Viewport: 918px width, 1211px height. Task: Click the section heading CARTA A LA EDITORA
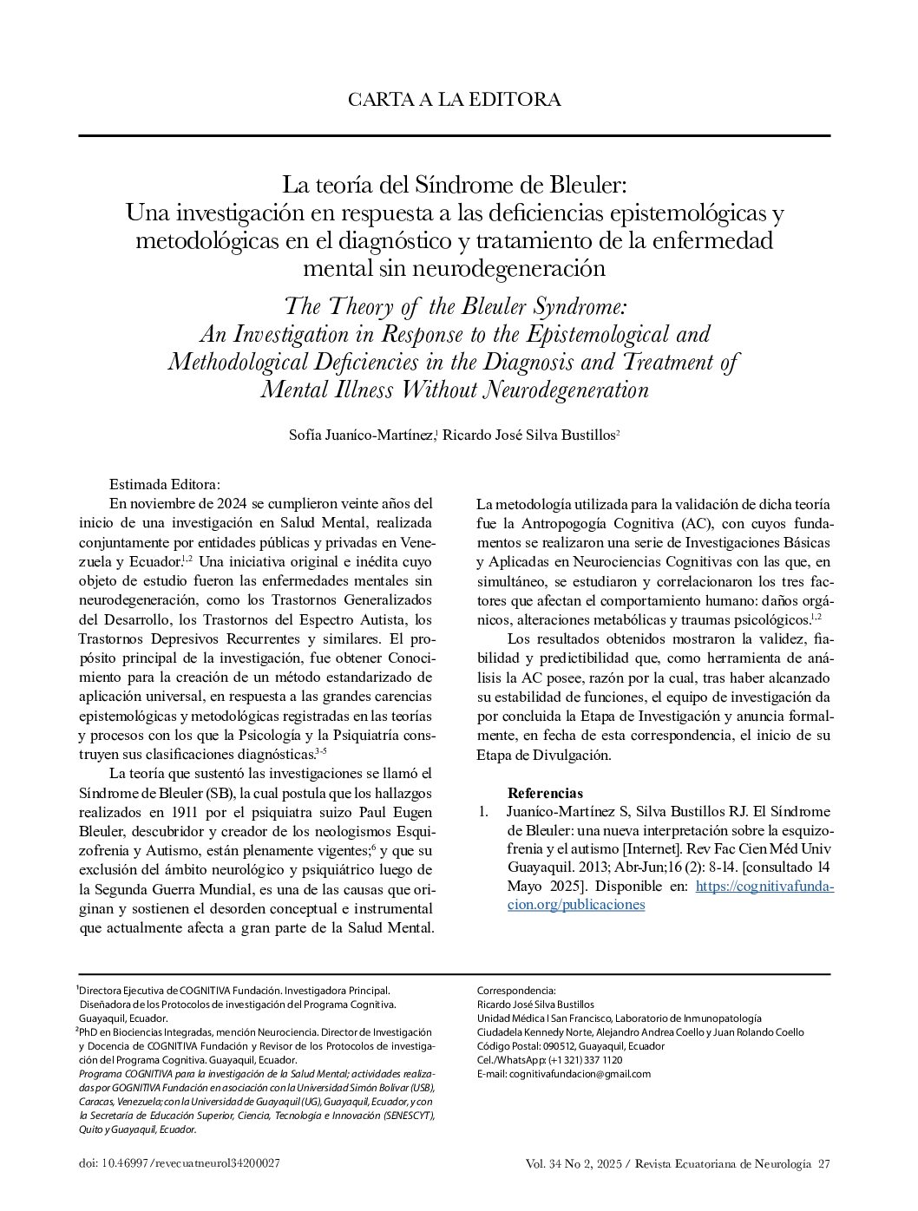pyautogui.click(x=454, y=100)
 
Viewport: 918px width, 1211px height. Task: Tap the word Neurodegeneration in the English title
pyautogui.click(x=565, y=389)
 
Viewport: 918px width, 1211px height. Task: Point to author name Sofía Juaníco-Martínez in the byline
pyautogui.click(x=361, y=435)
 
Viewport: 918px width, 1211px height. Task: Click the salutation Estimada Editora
pyautogui.click(x=165, y=484)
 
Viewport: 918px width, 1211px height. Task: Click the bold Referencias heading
pyautogui.click(x=545, y=793)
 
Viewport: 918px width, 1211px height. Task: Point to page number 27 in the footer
pyautogui.click(x=823, y=1163)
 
